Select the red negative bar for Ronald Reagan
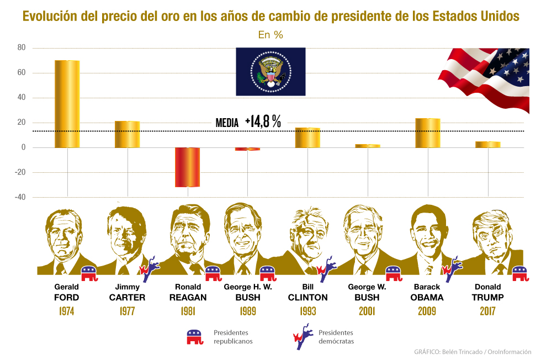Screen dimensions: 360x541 [x=187, y=167]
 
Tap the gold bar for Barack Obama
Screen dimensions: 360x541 [x=428, y=133]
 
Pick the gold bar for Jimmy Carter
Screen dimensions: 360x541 [x=127, y=134]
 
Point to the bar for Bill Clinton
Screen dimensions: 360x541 [x=307, y=137]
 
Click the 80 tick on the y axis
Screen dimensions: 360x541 [x=22, y=47]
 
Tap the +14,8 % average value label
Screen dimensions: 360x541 [x=263, y=122]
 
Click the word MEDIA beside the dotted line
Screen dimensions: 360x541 [x=227, y=124]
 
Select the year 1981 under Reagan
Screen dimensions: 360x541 [x=188, y=311]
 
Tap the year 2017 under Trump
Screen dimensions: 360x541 [x=487, y=311]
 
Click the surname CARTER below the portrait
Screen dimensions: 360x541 [x=127, y=298]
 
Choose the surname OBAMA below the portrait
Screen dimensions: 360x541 [x=427, y=298]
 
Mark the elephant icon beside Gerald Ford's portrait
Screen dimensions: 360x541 [x=89, y=272]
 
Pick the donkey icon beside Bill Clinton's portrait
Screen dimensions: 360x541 [x=326, y=266]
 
